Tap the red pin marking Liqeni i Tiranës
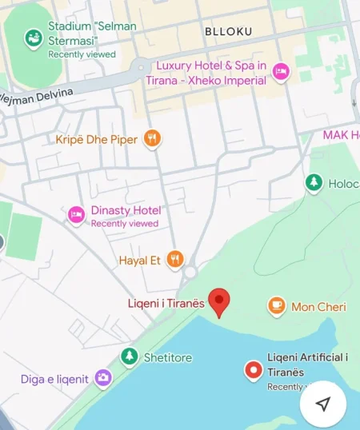(x=218, y=301)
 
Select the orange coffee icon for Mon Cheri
(x=276, y=305)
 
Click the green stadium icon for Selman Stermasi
(x=34, y=37)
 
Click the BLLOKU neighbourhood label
(x=228, y=31)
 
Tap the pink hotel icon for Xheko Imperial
(x=281, y=72)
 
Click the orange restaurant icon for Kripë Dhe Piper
(x=152, y=139)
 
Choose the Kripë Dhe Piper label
(x=96, y=140)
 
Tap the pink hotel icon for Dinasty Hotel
(x=76, y=213)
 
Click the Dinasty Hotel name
(x=126, y=210)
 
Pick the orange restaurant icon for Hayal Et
(x=175, y=259)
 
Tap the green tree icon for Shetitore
(x=129, y=356)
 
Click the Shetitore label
(x=168, y=358)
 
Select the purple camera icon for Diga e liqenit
(x=102, y=378)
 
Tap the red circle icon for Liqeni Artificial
(x=254, y=369)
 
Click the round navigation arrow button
(x=323, y=404)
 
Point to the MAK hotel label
(x=341, y=134)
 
